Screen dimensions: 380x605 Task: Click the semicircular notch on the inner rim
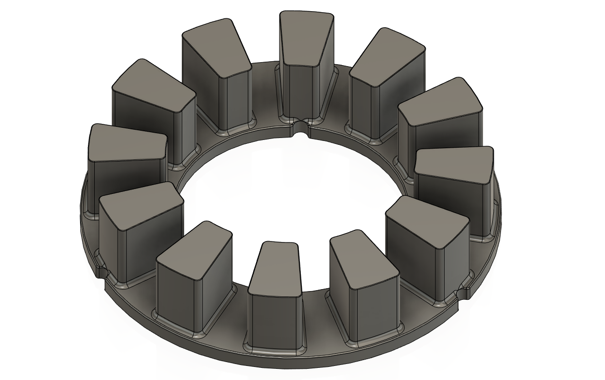301,128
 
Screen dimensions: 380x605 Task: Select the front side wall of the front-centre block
273,321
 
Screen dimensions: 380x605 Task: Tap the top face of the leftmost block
127,143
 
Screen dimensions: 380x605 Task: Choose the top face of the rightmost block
454,165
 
